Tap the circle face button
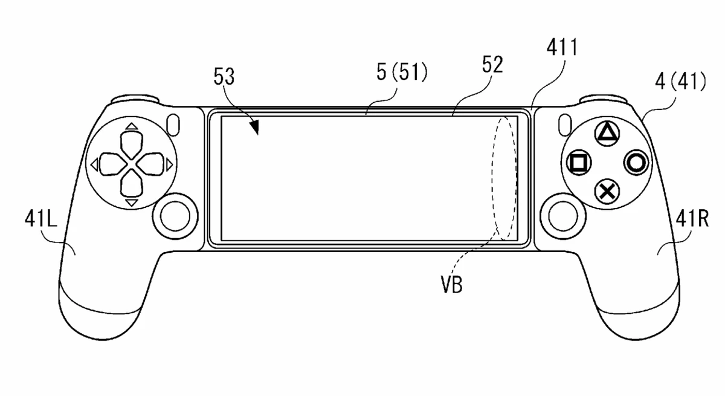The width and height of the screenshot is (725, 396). pos(637,162)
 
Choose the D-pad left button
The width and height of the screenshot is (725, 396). pos(111,163)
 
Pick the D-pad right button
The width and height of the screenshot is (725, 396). pos(152,163)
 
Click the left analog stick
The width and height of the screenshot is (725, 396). pos(176,213)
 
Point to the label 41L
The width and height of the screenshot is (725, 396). pos(40,218)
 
